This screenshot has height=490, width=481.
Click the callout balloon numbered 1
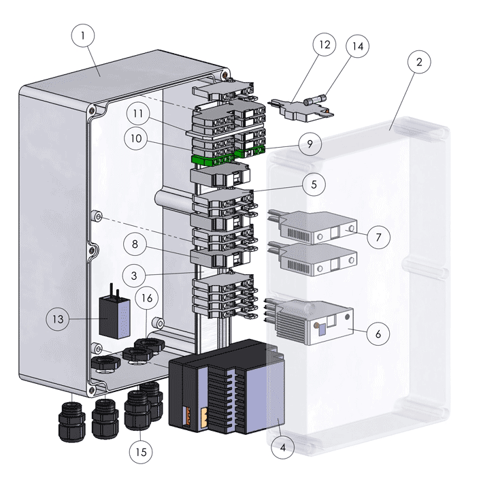click(x=82, y=36)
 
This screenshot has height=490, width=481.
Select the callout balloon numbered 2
click(x=419, y=61)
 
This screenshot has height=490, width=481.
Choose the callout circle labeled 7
click(x=379, y=237)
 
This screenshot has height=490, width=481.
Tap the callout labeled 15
click(x=141, y=451)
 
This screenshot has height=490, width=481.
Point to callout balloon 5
click(x=314, y=184)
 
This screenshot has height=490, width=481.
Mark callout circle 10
click(x=139, y=138)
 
